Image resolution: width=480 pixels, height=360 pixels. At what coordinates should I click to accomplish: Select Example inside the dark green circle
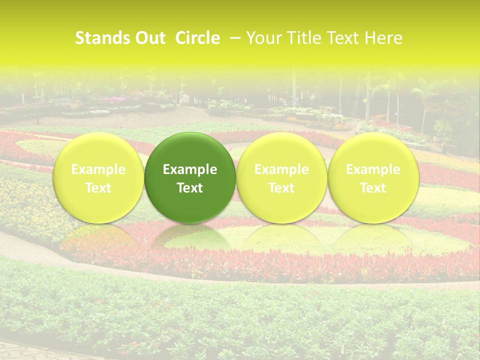pos(190,169)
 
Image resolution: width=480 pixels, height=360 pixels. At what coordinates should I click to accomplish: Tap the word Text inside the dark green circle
pos(190,188)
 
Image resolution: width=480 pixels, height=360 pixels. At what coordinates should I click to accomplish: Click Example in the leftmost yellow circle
pos(98,169)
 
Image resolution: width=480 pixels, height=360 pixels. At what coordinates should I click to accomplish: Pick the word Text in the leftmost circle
pos(98,188)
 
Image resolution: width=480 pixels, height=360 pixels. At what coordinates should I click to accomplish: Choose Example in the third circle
pos(281,169)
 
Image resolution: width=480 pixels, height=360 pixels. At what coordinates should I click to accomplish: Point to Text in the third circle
pos(281,188)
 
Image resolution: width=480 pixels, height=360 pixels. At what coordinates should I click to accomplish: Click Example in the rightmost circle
pos(373,169)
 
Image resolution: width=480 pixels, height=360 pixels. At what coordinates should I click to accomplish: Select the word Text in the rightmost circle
pos(373,188)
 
